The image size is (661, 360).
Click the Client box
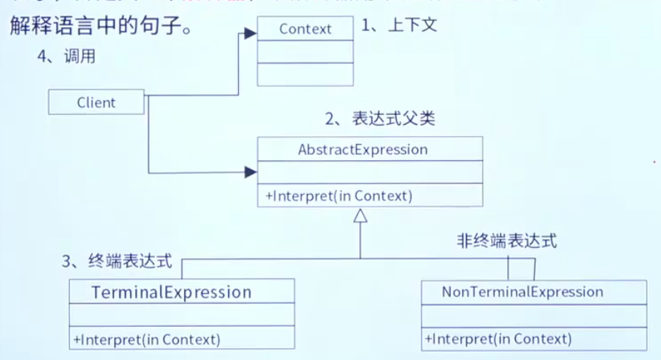tap(96, 102)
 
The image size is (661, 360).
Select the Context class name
tap(305, 29)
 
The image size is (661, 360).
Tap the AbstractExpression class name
tap(363, 149)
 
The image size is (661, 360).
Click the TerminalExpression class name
tap(171, 292)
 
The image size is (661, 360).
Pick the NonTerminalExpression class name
tap(533, 292)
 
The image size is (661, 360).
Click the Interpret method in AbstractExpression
tap(339, 196)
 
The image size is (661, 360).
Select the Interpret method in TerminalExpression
tap(146, 339)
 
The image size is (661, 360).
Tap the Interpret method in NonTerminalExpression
tap(497, 339)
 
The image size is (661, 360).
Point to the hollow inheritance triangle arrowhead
tap(361, 216)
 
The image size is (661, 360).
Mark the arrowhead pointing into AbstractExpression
tap(251, 172)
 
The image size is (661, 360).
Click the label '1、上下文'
tap(399, 26)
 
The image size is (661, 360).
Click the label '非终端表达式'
tap(507, 241)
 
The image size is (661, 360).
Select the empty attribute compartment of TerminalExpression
tap(182, 315)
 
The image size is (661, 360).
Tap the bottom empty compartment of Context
tap(305, 74)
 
